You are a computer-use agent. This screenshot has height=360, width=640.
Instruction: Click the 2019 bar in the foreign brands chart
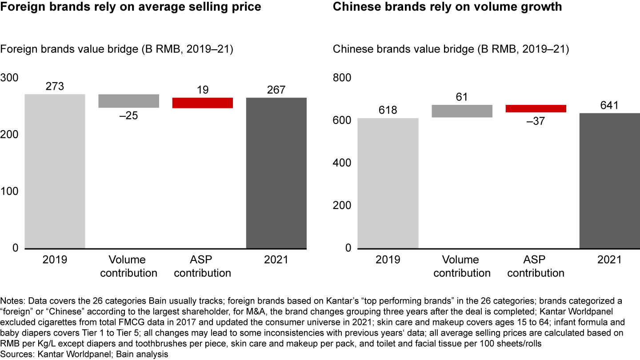pos(55,171)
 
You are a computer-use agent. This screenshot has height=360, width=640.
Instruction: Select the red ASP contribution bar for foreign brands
pos(203,103)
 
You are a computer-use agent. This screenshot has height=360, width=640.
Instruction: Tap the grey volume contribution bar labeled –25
pos(128,101)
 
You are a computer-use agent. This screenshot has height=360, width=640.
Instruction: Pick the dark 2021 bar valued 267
pos(276,173)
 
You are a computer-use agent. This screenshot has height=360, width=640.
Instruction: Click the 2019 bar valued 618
pos(388,183)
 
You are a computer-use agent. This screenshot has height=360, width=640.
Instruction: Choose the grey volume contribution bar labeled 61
pos(462,111)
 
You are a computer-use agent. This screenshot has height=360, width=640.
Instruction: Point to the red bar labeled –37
pos(536,108)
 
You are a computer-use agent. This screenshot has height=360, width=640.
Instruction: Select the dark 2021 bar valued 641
pos(610,180)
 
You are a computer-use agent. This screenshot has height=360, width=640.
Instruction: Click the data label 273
pos(55,86)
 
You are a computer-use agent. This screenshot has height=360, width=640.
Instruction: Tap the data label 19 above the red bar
pos(203,90)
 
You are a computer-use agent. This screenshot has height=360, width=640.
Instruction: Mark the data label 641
pos(610,105)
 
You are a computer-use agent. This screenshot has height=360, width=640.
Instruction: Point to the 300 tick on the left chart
pos(9,78)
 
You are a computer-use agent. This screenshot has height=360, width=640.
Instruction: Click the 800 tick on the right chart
pos(342,78)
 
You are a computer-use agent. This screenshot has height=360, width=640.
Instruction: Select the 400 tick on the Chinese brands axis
pos(342,163)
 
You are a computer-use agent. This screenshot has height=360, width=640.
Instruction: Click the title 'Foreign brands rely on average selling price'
pos(131,7)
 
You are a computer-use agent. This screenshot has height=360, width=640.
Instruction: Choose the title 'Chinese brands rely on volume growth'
pos(447,7)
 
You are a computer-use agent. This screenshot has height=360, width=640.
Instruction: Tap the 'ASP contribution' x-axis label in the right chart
pos(536,266)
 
